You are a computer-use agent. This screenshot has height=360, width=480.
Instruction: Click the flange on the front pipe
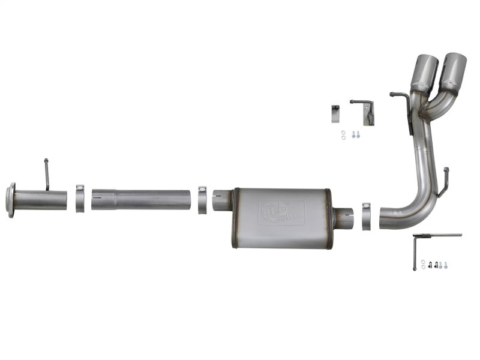(x=10, y=200)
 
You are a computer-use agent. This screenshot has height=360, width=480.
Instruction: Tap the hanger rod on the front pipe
(x=46, y=174)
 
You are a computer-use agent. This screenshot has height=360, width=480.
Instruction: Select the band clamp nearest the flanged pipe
(x=80, y=199)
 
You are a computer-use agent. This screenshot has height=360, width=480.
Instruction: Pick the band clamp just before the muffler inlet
(x=202, y=200)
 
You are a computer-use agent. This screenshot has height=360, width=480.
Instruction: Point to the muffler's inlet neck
(x=221, y=200)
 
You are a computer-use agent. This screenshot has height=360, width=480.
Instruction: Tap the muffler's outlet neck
(x=344, y=218)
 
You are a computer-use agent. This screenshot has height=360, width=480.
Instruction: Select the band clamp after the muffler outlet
(x=366, y=216)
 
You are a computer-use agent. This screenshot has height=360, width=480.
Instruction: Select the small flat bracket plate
(x=335, y=113)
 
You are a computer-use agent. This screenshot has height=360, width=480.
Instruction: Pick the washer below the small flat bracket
(x=343, y=134)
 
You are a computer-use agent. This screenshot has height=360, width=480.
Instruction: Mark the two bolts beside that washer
(x=355, y=134)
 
